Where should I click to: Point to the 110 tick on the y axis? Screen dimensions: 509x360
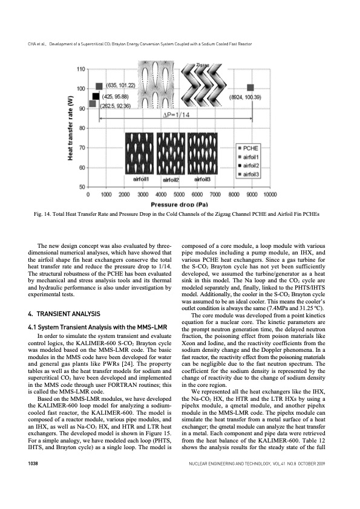[80, 70]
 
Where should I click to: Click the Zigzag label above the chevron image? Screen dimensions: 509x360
[203, 64]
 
